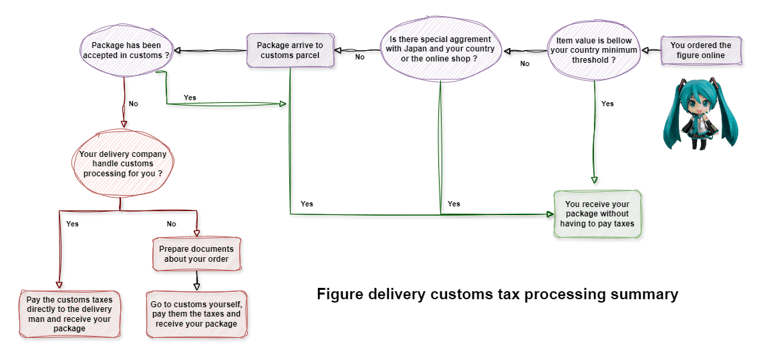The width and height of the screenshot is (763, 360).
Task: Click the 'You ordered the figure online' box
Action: coord(701,51)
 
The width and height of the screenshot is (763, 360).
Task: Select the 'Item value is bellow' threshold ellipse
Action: coord(593,50)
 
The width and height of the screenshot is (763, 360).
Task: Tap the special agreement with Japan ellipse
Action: coord(440,49)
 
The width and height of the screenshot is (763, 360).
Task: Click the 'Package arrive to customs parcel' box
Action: coord(290,51)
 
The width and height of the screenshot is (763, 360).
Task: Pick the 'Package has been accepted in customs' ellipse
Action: coord(126,51)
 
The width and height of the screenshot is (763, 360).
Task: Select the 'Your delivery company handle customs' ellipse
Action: coord(123,164)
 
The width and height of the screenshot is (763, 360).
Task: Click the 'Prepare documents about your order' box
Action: coord(196,254)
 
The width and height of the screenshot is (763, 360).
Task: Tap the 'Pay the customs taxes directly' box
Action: coord(70,315)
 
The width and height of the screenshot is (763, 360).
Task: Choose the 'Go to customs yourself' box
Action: coord(196,314)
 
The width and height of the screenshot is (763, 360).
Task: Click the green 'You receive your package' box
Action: coord(597,214)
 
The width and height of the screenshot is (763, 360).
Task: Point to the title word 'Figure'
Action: coord(338,295)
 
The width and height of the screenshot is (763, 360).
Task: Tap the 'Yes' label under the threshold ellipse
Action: coord(607,104)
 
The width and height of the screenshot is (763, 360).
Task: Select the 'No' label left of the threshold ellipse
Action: coord(524,63)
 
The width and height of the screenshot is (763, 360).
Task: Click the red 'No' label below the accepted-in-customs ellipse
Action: coord(134,104)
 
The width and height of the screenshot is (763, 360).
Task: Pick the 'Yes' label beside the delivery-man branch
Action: coord(72,224)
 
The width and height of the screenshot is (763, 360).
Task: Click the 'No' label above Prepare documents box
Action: coord(172,224)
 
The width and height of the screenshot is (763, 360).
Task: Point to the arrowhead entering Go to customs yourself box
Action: coord(196,287)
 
